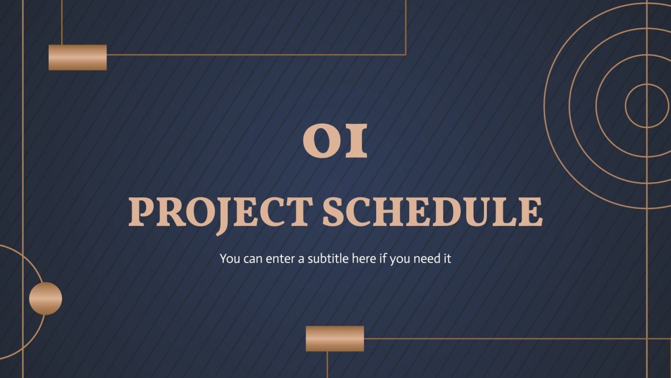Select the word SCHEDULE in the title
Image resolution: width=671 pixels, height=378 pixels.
point(432,212)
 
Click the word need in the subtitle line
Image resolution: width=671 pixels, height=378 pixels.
point(427,259)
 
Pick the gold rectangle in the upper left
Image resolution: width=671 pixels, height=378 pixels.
point(77,57)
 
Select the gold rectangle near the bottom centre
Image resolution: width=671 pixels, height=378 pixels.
point(334,338)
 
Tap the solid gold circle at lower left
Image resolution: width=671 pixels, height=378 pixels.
point(45,298)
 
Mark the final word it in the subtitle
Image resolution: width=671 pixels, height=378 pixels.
point(447,259)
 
